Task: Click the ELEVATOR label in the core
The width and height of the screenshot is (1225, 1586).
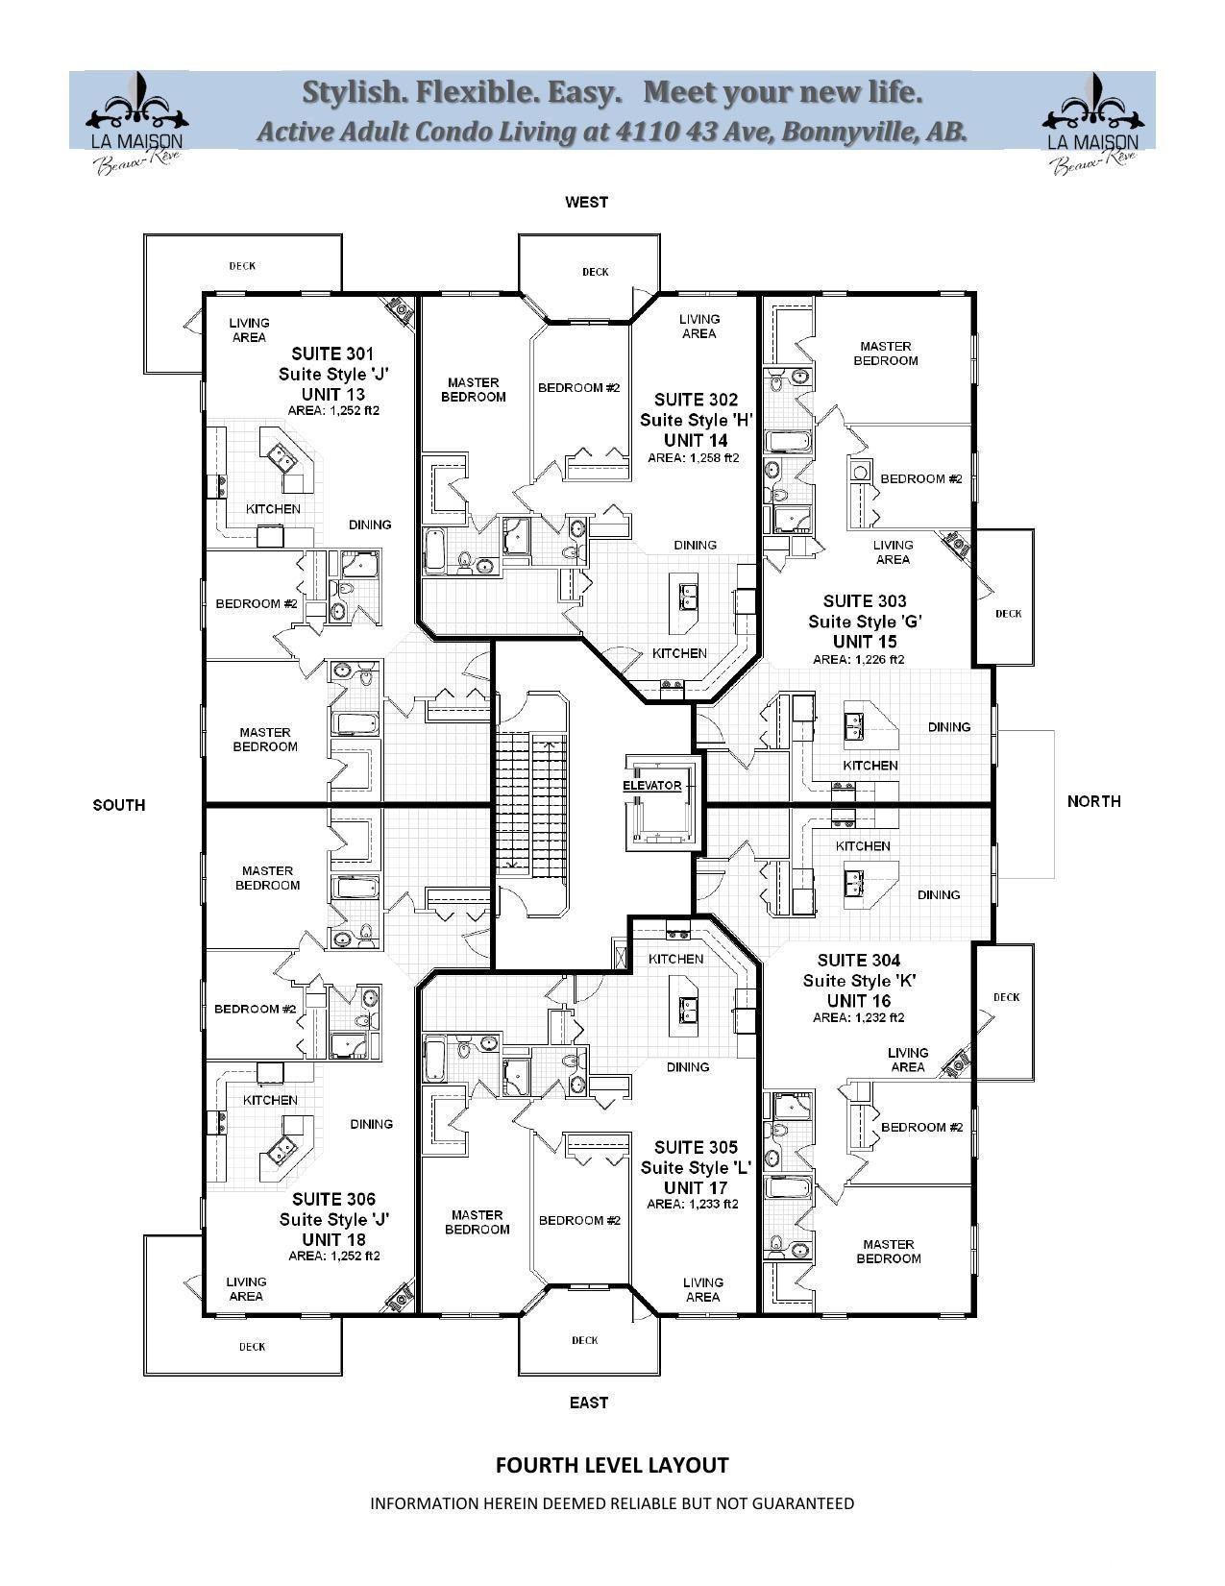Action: pos(651,786)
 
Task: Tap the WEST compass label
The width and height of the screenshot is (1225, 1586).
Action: pos(586,202)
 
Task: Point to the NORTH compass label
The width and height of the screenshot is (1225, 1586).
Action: pos(1093,801)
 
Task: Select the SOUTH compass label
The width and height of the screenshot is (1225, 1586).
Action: pos(119,805)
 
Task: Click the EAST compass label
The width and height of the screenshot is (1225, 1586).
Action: pos(588,1403)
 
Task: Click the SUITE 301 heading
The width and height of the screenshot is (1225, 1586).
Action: pos(332,354)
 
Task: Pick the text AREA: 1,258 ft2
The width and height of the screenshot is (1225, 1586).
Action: pos(693,458)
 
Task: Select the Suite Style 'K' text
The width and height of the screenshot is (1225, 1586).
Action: pos(860,981)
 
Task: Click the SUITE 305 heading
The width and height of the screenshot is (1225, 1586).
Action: pos(696,1148)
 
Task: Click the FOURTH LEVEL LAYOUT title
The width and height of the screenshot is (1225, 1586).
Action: pos(612,1465)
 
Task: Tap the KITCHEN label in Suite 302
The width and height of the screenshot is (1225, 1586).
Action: pos(679,653)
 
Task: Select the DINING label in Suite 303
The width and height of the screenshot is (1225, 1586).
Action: pos(948,727)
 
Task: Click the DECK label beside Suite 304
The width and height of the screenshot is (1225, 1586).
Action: pos(1006,997)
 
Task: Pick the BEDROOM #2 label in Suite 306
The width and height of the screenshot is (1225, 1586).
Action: pos(255,1009)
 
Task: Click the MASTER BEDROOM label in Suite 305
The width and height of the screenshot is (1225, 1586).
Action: pos(477,1222)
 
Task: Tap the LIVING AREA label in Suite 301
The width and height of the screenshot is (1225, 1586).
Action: pos(249,329)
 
